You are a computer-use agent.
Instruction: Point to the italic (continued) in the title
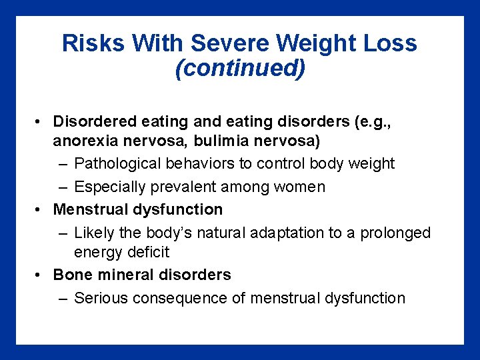[x=240, y=69]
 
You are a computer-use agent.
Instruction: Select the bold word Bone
[x=71, y=275]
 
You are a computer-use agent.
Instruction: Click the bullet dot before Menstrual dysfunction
[x=41, y=209]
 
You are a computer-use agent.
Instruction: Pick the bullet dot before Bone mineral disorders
[x=41, y=275]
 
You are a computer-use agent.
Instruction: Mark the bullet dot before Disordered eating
[x=41, y=122]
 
